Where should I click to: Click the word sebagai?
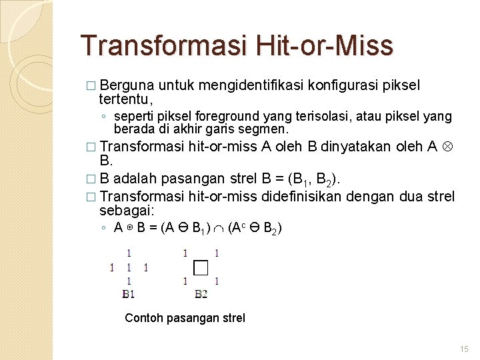tap(127, 210)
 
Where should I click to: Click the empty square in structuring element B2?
tap(201, 267)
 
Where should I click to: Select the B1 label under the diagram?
tap(129, 293)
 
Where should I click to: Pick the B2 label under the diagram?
tap(201, 293)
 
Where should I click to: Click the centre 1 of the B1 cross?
tap(129, 267)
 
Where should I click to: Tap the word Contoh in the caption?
tap(143, 318)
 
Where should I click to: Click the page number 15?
tap(465, 349)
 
